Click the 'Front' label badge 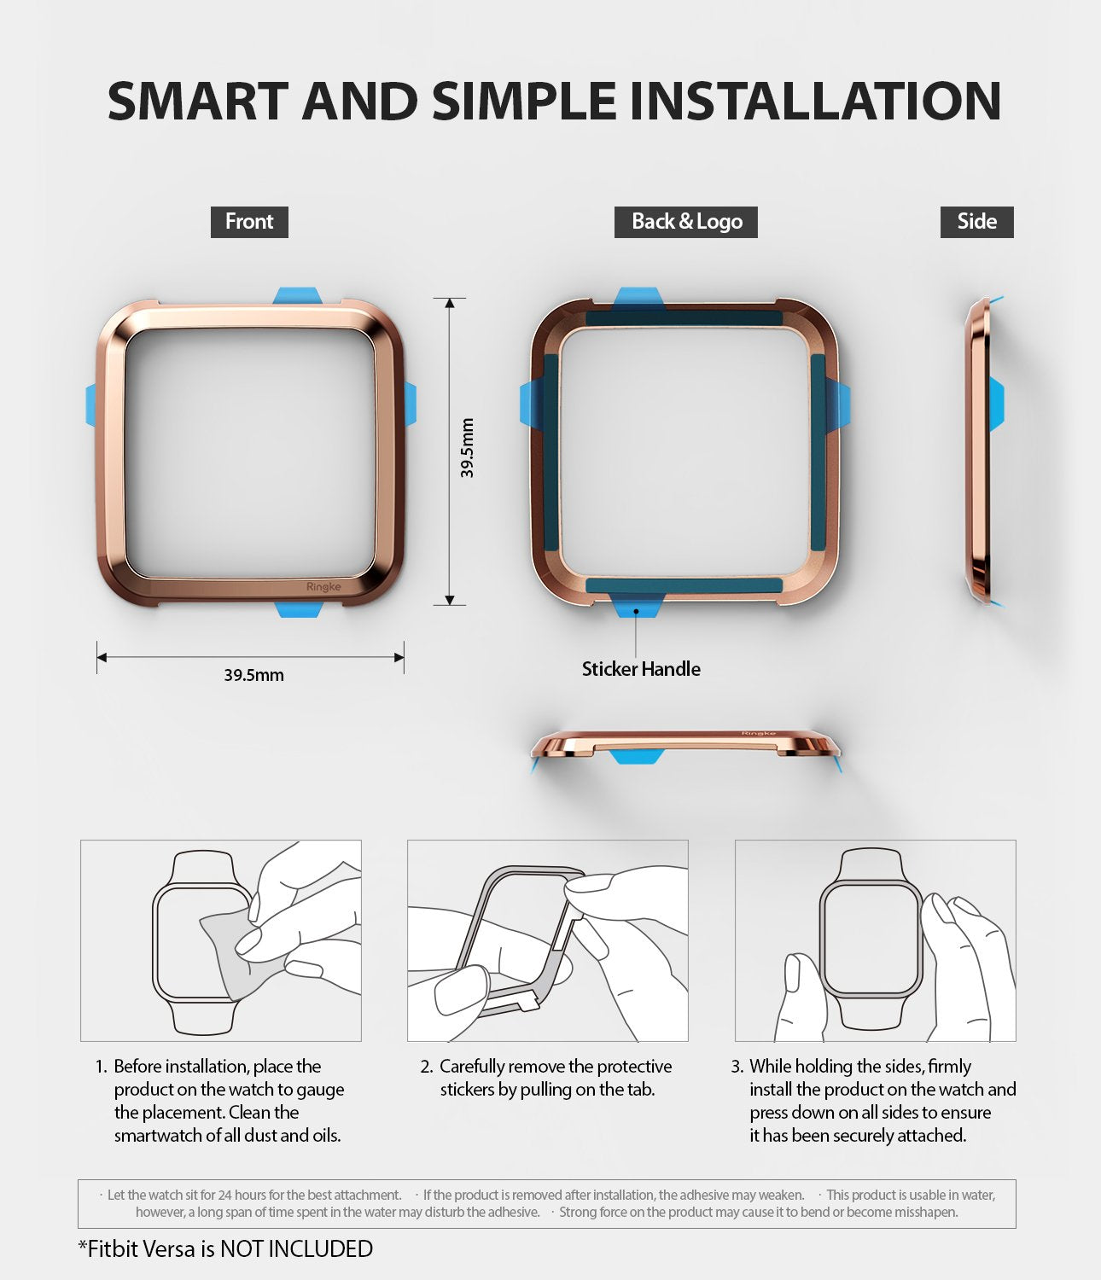click(x=249, y=222)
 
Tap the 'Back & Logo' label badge click(x=686, y=222)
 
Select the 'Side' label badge click(x=976, y=222)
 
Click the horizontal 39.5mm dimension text click(x=253, y=675)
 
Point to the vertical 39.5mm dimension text click(x=467, y=448)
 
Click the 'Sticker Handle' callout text click(x=641, y=669)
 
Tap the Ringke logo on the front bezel click(x=323, y=586)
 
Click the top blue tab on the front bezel click(x=297, y=295)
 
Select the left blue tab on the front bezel click(x=92, y=404)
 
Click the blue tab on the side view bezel click(x=996, y=404)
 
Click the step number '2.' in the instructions click(x=427, y=1067)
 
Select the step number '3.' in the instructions click(x=737, y=1067)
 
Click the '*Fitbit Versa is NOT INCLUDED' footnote click(x=225, y=1249)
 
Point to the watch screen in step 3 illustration click(x=871, y=938)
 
